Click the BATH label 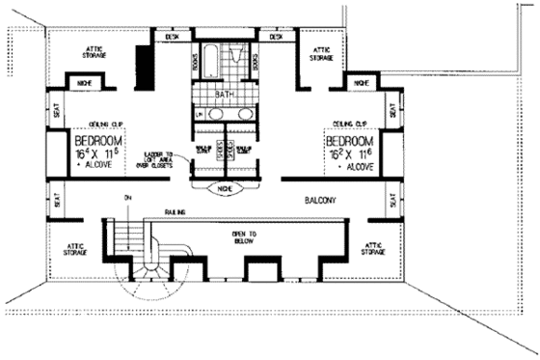point(224,94)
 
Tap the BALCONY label point(318,202)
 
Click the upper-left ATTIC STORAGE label point(94,51)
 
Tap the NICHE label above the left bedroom point(84,84)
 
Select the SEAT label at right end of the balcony point(392,201)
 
